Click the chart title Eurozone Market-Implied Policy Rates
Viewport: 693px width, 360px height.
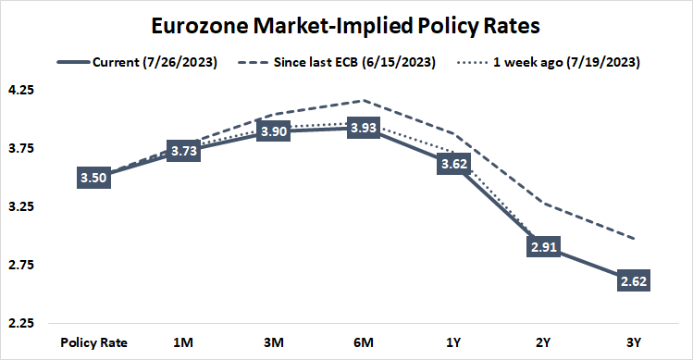[x=346, y=24]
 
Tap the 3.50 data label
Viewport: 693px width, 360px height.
[x=93, y=177]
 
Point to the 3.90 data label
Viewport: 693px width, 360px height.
[x=273, y=131]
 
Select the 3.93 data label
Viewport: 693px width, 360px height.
[x=363, y=129]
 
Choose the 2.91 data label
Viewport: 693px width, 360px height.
[x=542, y=247]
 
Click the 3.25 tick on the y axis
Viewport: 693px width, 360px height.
[x=20, y=207]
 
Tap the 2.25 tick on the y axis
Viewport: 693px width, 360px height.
[x=20, y=324]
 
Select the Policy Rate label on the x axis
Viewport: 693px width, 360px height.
[x=93, y=342]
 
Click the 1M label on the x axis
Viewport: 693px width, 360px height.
[x=183, y=342]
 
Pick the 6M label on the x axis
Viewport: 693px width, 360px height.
[x=363, y=342]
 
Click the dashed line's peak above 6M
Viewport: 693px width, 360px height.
[x=363, y=101]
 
